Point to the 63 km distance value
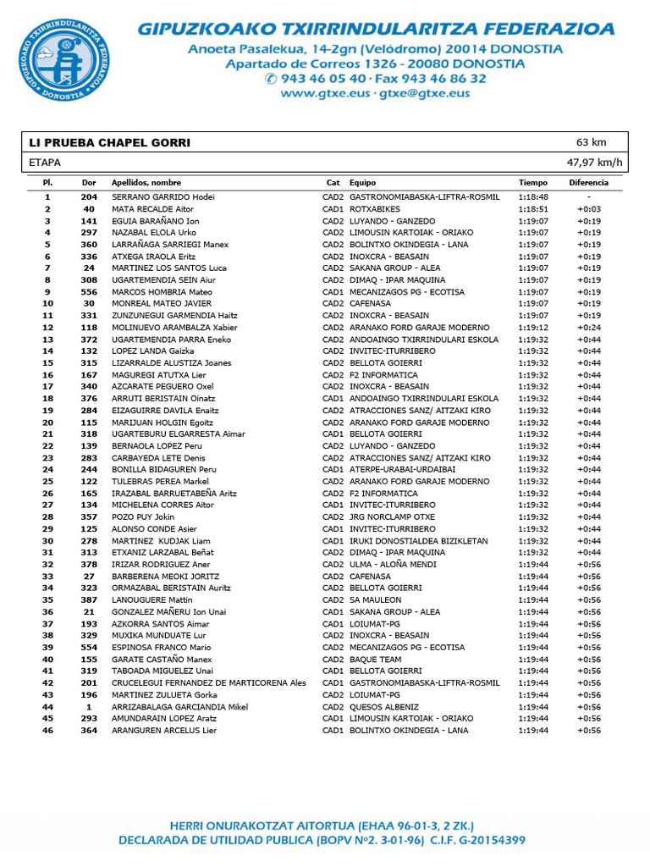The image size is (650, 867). pyautogui.click(x=591, y=142)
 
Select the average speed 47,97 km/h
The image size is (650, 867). pyautogui.click(x=594, y=163)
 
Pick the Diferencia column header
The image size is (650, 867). pyautogui.click(x=588, y=183)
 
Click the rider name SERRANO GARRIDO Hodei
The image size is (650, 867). pyautogui.click(x=163, y=197)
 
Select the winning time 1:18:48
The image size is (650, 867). pyautogui.click(x=533, y=197)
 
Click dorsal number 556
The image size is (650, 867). pyautogui.click(x=89, y=292)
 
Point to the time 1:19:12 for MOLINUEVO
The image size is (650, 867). pyautogui.click(x=533, y=328)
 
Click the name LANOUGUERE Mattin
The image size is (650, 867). pyautogui.click(x=151, y=600)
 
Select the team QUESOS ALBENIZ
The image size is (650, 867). pyautogui.click(x=384, y=707)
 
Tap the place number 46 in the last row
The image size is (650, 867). pyautogui.click(x=48, y=731)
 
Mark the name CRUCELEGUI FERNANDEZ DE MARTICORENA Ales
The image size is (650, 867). pyautogui.click(x=209, y=683)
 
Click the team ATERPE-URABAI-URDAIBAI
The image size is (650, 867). pyautogui.click(x=403, y=470)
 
